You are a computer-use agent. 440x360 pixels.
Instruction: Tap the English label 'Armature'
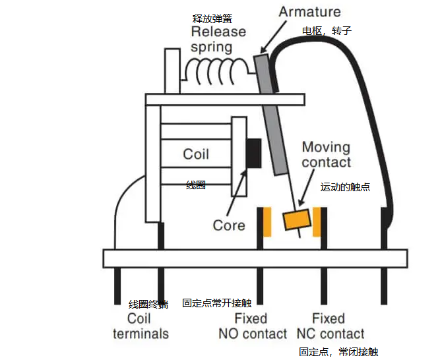tap(309, 12)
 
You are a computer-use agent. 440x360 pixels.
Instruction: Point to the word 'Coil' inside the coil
tap(196, 154)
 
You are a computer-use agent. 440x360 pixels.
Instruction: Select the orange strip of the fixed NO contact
tap(267, 222)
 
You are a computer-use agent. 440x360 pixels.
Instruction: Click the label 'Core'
tap(229, 225)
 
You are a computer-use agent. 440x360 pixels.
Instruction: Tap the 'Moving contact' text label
tap(327, 154)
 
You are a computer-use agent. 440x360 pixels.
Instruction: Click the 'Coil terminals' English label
tap(141, 326)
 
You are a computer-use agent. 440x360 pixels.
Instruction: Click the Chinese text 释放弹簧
tap(210, 18)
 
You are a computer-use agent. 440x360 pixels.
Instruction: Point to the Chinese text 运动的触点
tap(345, 187)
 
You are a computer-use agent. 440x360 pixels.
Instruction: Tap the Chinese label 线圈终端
tap(148, 304)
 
